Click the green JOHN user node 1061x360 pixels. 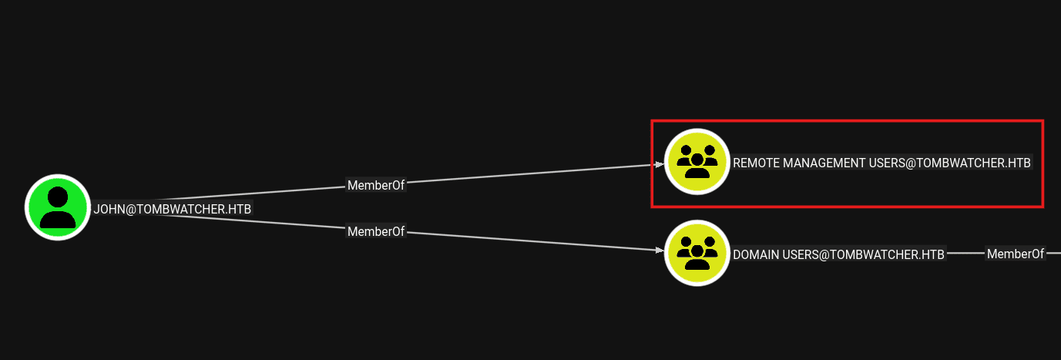[x=58, y=207]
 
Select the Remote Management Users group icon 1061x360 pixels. [x=697, y=162]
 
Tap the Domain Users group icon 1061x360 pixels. [x=697, y=253]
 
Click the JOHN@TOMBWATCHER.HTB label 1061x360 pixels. [x=173, y=209]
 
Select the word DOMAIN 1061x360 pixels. [x=756, y=255]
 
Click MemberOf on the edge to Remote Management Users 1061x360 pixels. [x=376, y=185]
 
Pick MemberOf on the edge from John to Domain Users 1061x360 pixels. [x=376, y=231]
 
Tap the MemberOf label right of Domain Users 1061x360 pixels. [x=1016, y=254]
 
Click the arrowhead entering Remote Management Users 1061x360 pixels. [x=660, y=164]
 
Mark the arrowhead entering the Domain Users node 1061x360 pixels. [x=660, y=250]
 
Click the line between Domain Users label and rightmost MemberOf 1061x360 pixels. [x=965, y=254]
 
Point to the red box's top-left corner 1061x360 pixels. [x=652, y=121]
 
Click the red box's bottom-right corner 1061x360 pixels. [x=1043, y=207]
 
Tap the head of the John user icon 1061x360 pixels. [x=58, y=197]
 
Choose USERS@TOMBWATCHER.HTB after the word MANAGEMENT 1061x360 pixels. [x=950, y=163]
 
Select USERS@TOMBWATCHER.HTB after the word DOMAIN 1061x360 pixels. [x=863, y=255]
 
